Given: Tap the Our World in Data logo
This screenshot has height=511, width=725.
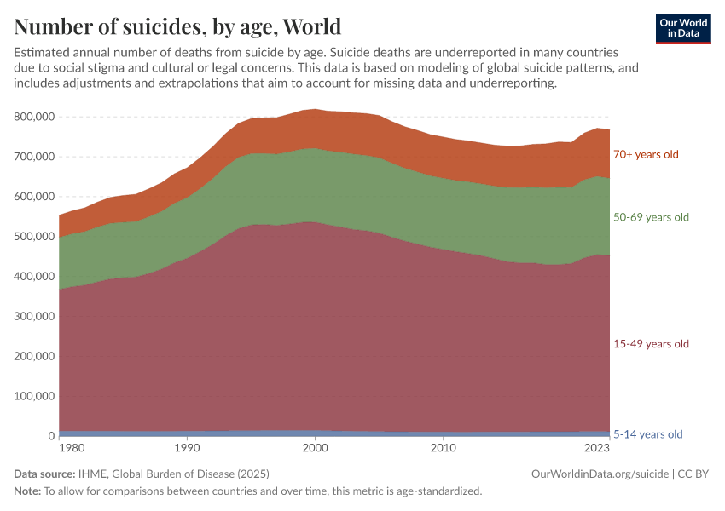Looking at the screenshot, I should (x=683, y=28).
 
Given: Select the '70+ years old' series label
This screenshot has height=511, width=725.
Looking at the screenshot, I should (x=646, y=155).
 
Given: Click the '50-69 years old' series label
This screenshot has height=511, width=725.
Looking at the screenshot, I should (x=651, y=217).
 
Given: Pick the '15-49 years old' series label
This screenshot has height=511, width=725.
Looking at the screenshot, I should (x=651, y=344).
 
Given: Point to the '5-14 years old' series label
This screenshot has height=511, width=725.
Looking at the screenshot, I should (x=648, y=434).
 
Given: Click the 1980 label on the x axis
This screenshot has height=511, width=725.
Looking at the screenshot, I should (x=72, y=447).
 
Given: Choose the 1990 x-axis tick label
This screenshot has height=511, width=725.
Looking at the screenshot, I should (x=185, y=447).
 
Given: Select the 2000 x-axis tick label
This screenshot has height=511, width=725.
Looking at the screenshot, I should (x=316, y=447).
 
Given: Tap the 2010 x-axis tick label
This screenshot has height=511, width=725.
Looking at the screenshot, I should (x=443, y=447).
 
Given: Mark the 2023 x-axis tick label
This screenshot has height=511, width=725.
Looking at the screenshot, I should (x=597, y=447).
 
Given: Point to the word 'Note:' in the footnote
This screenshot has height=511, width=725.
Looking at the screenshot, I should (x=28, y=491).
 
